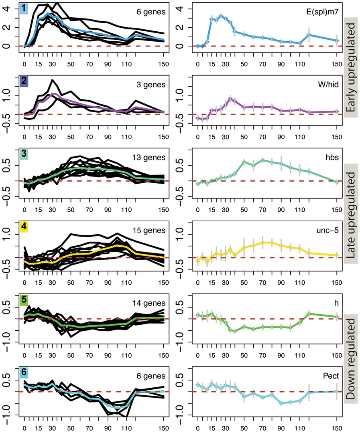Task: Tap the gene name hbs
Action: [332, 158]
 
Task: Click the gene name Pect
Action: [330, 376]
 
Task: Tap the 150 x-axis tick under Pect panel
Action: [337, 427]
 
